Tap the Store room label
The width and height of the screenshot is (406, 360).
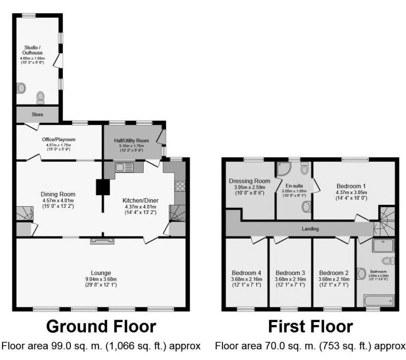(37, 115)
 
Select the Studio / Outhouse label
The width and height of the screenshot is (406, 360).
(33, 50)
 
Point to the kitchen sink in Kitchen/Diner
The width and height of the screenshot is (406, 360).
(124, 167)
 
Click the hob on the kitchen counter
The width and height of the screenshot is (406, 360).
(180, 186)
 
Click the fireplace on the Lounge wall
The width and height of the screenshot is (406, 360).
(103, 241)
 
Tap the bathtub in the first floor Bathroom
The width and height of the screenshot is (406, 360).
(379, 301)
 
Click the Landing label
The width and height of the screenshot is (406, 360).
(310, 229)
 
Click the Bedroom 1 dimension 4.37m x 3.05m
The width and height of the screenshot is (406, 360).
(350, 192)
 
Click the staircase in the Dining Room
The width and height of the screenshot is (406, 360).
(24, 213)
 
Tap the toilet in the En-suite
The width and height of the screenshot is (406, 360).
(306, 207)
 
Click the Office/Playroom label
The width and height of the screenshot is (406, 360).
(58, 140)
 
